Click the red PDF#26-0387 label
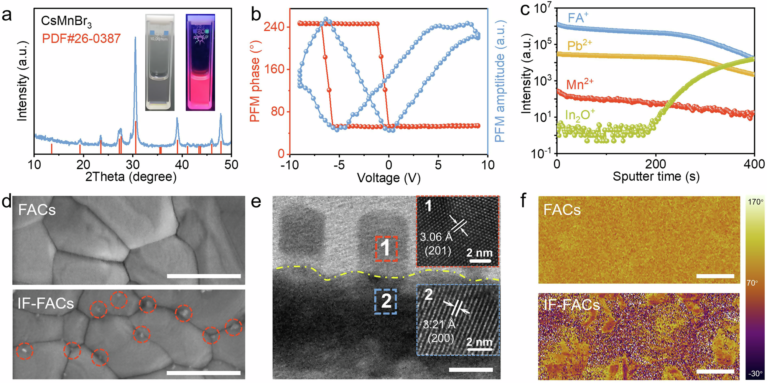pyautogui.click(x=81, y=38)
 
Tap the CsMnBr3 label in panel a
pyautogui.click(x=66, y=21)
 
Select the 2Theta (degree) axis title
pyautogui.click(x=131, y=177)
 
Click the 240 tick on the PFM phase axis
pyautogui.click(x=274, y=27)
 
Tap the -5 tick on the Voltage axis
pyautogui.click(x=339, y=165)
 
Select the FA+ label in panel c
pyautogui.click(x=578, y=18)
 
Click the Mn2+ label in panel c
pyautogui.click(x=579, y=84)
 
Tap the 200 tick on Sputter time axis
pyautogui.click(x=655, y=164)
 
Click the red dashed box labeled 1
pyautogui.click(x=386, y=249)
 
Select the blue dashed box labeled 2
pyautogui.click(x=385, y=301)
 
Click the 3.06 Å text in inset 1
pyautogui.click(x=436, y=237)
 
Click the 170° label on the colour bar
pyautogui.click(x=755, y=202)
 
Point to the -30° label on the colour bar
pyautogui.click(x=755, y=373)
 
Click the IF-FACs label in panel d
pyautogui.click(x=46, y=304)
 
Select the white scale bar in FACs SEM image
pyautogui.click(x=204, y=276)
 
